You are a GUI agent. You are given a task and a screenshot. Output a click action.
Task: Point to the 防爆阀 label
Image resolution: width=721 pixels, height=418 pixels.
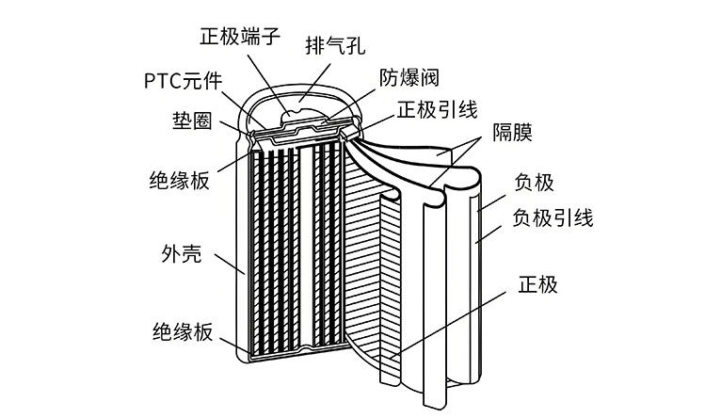tap(409, 77)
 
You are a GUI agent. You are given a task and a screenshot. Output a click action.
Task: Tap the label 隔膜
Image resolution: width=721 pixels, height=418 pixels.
tap(511, 133)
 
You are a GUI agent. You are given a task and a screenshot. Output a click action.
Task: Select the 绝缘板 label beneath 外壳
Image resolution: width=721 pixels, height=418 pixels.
tap(182, 331)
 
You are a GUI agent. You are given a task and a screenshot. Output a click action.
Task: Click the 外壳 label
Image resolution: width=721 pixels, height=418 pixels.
tap(182, 255)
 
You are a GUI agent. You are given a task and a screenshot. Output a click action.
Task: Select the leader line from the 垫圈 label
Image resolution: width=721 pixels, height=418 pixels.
tap(231, 128)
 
